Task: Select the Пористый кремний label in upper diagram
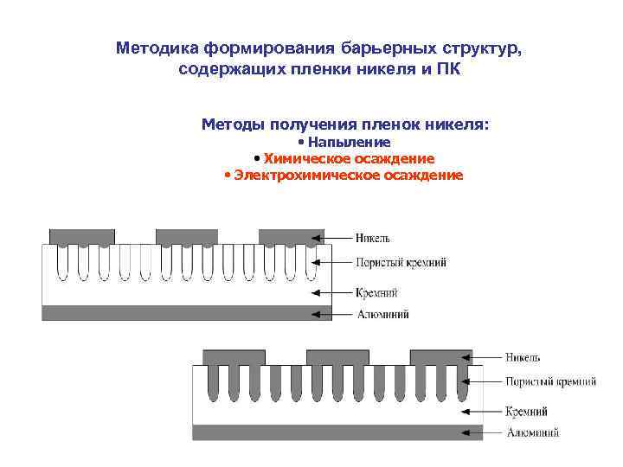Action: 401,262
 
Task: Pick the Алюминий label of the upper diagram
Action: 382,314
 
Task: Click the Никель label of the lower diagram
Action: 523,356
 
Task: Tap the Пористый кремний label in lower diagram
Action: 550,381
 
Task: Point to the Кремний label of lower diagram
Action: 527,412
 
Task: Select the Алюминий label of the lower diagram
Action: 532,432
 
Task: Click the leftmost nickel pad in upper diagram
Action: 82,235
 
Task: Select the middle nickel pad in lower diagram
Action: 334,355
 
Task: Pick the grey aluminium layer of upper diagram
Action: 186,312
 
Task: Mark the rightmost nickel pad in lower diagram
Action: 437,355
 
